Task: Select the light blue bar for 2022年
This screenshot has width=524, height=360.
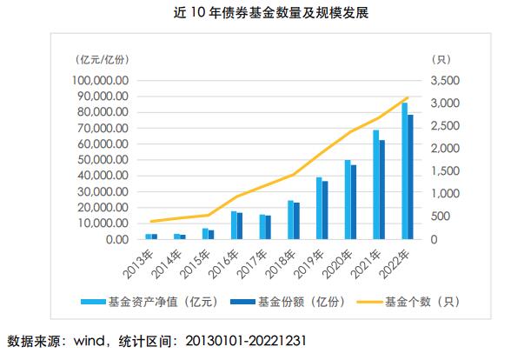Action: (404, 170)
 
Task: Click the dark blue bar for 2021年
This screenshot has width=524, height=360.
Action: (382, 189)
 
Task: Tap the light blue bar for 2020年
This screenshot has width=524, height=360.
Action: (348, 199)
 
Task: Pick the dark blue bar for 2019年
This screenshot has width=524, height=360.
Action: (325, 210)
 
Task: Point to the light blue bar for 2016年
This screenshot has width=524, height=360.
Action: (233, 224)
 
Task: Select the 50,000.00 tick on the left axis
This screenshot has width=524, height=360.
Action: (103, 159)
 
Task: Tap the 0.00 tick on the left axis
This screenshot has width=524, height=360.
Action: (116, 238)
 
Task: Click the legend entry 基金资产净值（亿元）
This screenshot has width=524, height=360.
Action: (157, 303)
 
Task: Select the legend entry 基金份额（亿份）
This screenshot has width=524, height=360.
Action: (283, 303)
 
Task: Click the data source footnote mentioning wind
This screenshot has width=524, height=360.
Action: (156, 339)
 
